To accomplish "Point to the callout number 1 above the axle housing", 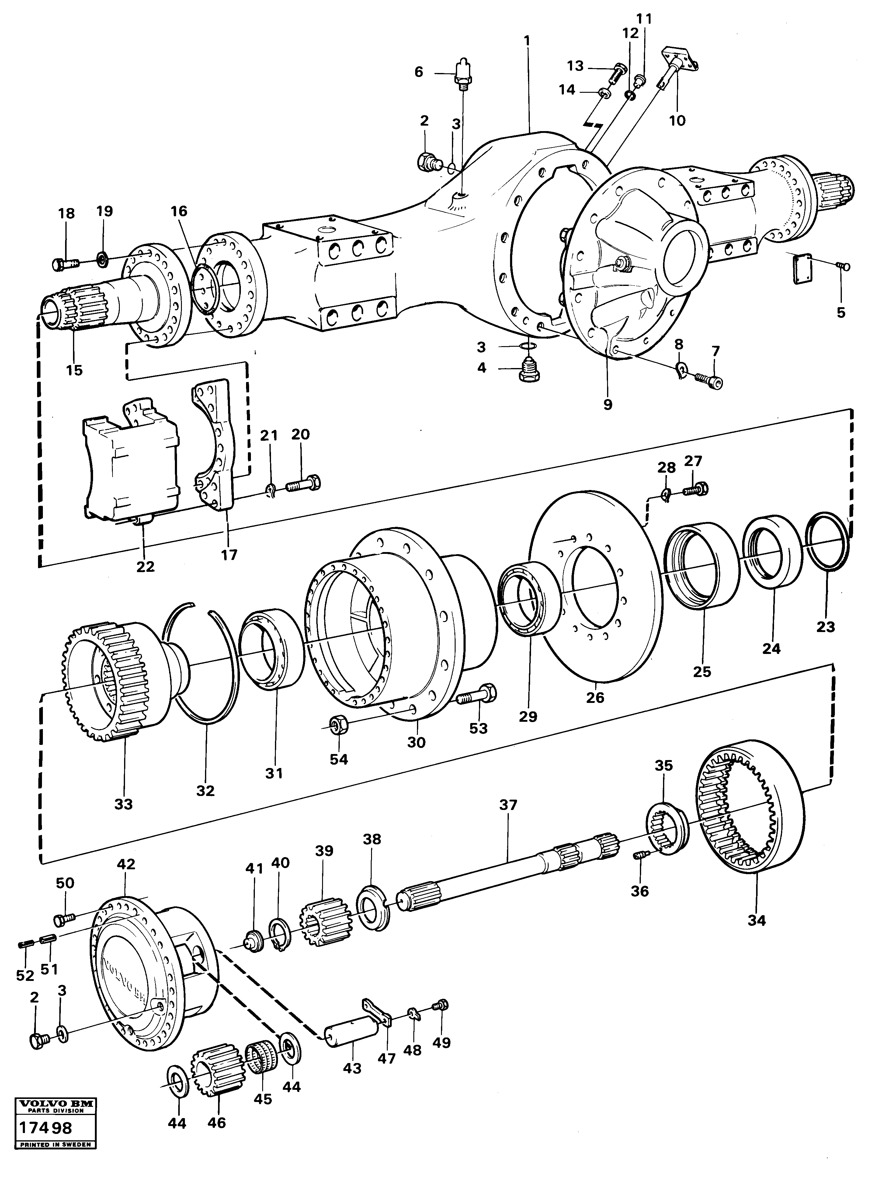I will [x=527, y=40].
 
